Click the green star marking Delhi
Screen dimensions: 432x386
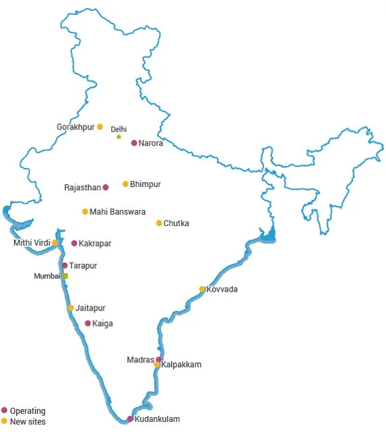pos(119,137)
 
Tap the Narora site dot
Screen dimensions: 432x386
pos(134,143)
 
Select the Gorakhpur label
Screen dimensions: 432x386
pos(75,127)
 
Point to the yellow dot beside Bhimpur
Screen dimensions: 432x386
pos(125,184)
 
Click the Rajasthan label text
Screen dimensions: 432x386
pos(82,188)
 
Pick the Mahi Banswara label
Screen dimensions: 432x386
pos(117,212)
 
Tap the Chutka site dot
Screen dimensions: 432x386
pos(159,223)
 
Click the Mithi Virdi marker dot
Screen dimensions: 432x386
pos(55,243)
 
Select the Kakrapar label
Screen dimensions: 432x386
pos(95,244)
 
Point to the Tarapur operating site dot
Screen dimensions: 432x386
pos(65,266)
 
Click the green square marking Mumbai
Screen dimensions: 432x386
pos(65,276)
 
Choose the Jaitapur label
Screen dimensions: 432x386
pos(90,308)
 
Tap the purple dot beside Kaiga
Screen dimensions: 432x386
pos(88,323)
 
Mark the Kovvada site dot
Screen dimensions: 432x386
pos(202,290)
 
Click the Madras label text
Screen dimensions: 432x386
pos(140,360)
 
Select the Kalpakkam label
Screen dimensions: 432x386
pos(181,365)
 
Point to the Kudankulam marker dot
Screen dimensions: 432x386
pos(130,419)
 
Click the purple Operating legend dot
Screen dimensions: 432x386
pos(5,410)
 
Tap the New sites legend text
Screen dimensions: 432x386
pos(28,422)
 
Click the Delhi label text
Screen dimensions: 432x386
pos(119,129)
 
